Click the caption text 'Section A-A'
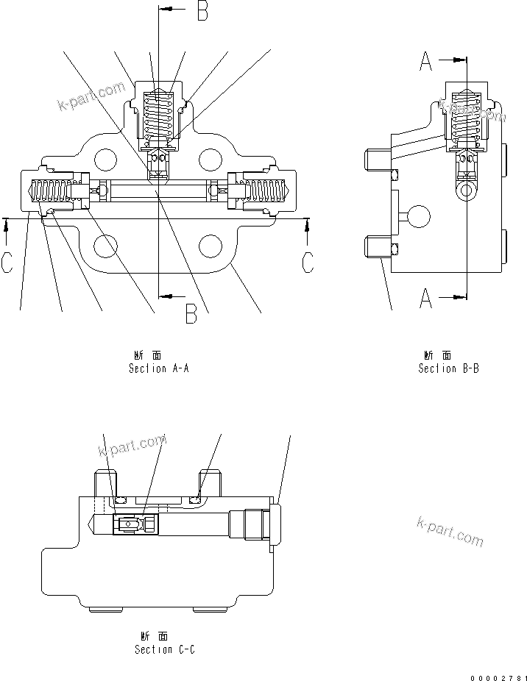(159, 368)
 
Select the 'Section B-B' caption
(448, 368)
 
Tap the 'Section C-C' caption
(165, 649)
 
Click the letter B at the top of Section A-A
(201, 11)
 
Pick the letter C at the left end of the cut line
(7, 263)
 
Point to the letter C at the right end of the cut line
(308, 263)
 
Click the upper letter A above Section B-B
(426, 63)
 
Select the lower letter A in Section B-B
(426, 297)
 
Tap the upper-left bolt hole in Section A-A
(105, 158)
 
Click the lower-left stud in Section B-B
(376, 246)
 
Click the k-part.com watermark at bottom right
(450, 531)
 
